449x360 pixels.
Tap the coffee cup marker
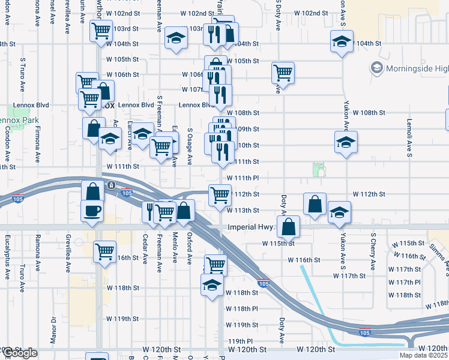click(x=92, y=211)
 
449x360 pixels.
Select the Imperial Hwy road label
click(x=251, y=227)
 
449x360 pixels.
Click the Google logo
click(x=20, y=353)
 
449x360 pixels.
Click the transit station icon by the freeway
click(x=111, y=185)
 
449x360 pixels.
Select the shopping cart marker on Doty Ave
click(x=283, y=73)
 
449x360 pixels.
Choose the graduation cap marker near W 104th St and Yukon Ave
click(x=342, y=42)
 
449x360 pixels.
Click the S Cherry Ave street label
click(x=373, y=251)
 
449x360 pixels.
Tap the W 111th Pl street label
click(x=243, y=178)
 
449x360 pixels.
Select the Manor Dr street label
click(x=53, y=328)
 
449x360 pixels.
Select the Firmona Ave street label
click(x=38, y=145)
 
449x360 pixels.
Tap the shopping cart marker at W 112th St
click(x=220, y=194)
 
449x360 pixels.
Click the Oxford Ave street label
click(x=190, y=248)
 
